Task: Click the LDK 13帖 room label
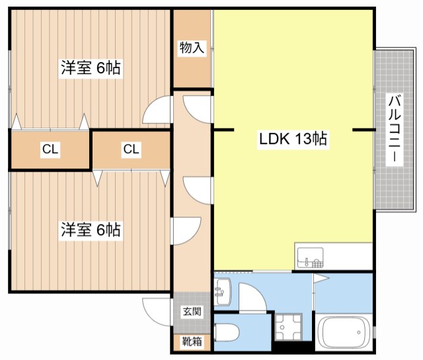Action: tap(293, 139)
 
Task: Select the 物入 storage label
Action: tap(192, 48)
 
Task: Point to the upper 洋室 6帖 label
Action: tap(91, 68)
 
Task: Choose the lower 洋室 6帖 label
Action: tap(91, 230)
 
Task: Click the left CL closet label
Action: tap(50, 149)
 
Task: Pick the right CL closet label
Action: tap(131, 149)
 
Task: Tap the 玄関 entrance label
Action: tap(192, 312)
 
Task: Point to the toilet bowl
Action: tap(226, 332)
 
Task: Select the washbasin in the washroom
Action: tap(223, 289)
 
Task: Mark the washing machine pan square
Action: tap(288, 326)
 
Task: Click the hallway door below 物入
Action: tap(197, 108)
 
